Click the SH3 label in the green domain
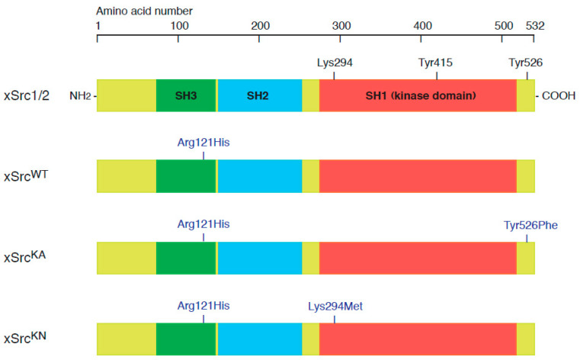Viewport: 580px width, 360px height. click(186, 95)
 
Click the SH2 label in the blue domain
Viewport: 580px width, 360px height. click(259, 95)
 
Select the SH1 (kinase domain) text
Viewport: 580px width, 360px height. click(421, 95)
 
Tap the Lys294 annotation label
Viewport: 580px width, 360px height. click(335, 63)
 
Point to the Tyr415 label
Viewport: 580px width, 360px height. click(436, 63)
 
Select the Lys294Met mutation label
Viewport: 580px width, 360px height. click(335, 306)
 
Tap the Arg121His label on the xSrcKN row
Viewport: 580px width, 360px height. click(203, 306)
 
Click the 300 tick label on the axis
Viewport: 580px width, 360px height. click(341, 26)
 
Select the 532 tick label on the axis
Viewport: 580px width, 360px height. click(534, 26)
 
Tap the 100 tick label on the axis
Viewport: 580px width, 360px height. click(178, 26)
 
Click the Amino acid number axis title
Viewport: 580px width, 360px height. click(144, 11)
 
